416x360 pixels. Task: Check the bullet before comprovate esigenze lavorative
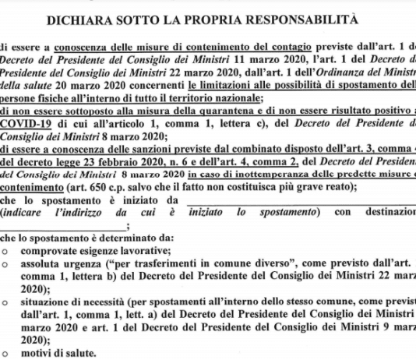6,251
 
